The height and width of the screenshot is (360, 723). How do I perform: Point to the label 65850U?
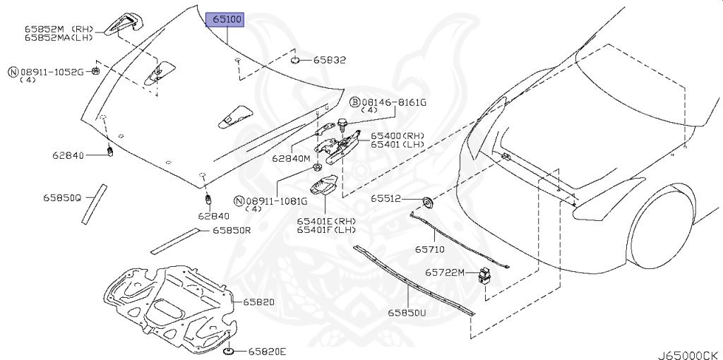(x=406, y=311)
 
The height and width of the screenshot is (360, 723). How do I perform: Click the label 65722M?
(x=445, y=272)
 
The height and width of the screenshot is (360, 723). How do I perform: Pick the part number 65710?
(x=429, y=249)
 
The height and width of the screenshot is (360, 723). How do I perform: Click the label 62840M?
(x=291, y=159)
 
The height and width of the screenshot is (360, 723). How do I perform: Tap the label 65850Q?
(x=62, y=198)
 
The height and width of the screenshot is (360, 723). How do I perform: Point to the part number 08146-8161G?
(x=394, y=102)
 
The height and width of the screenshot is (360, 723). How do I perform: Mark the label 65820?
(x=258, y=301)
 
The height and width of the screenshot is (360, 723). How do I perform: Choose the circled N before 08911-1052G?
(x=13, y=72)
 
